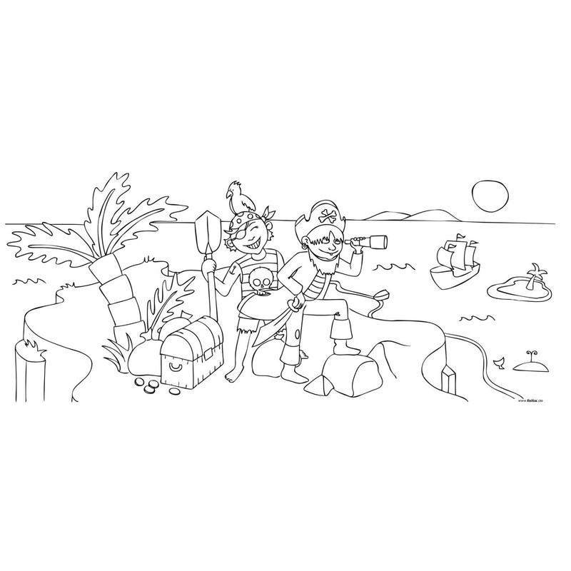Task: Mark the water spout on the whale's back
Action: (x=531, y=352)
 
